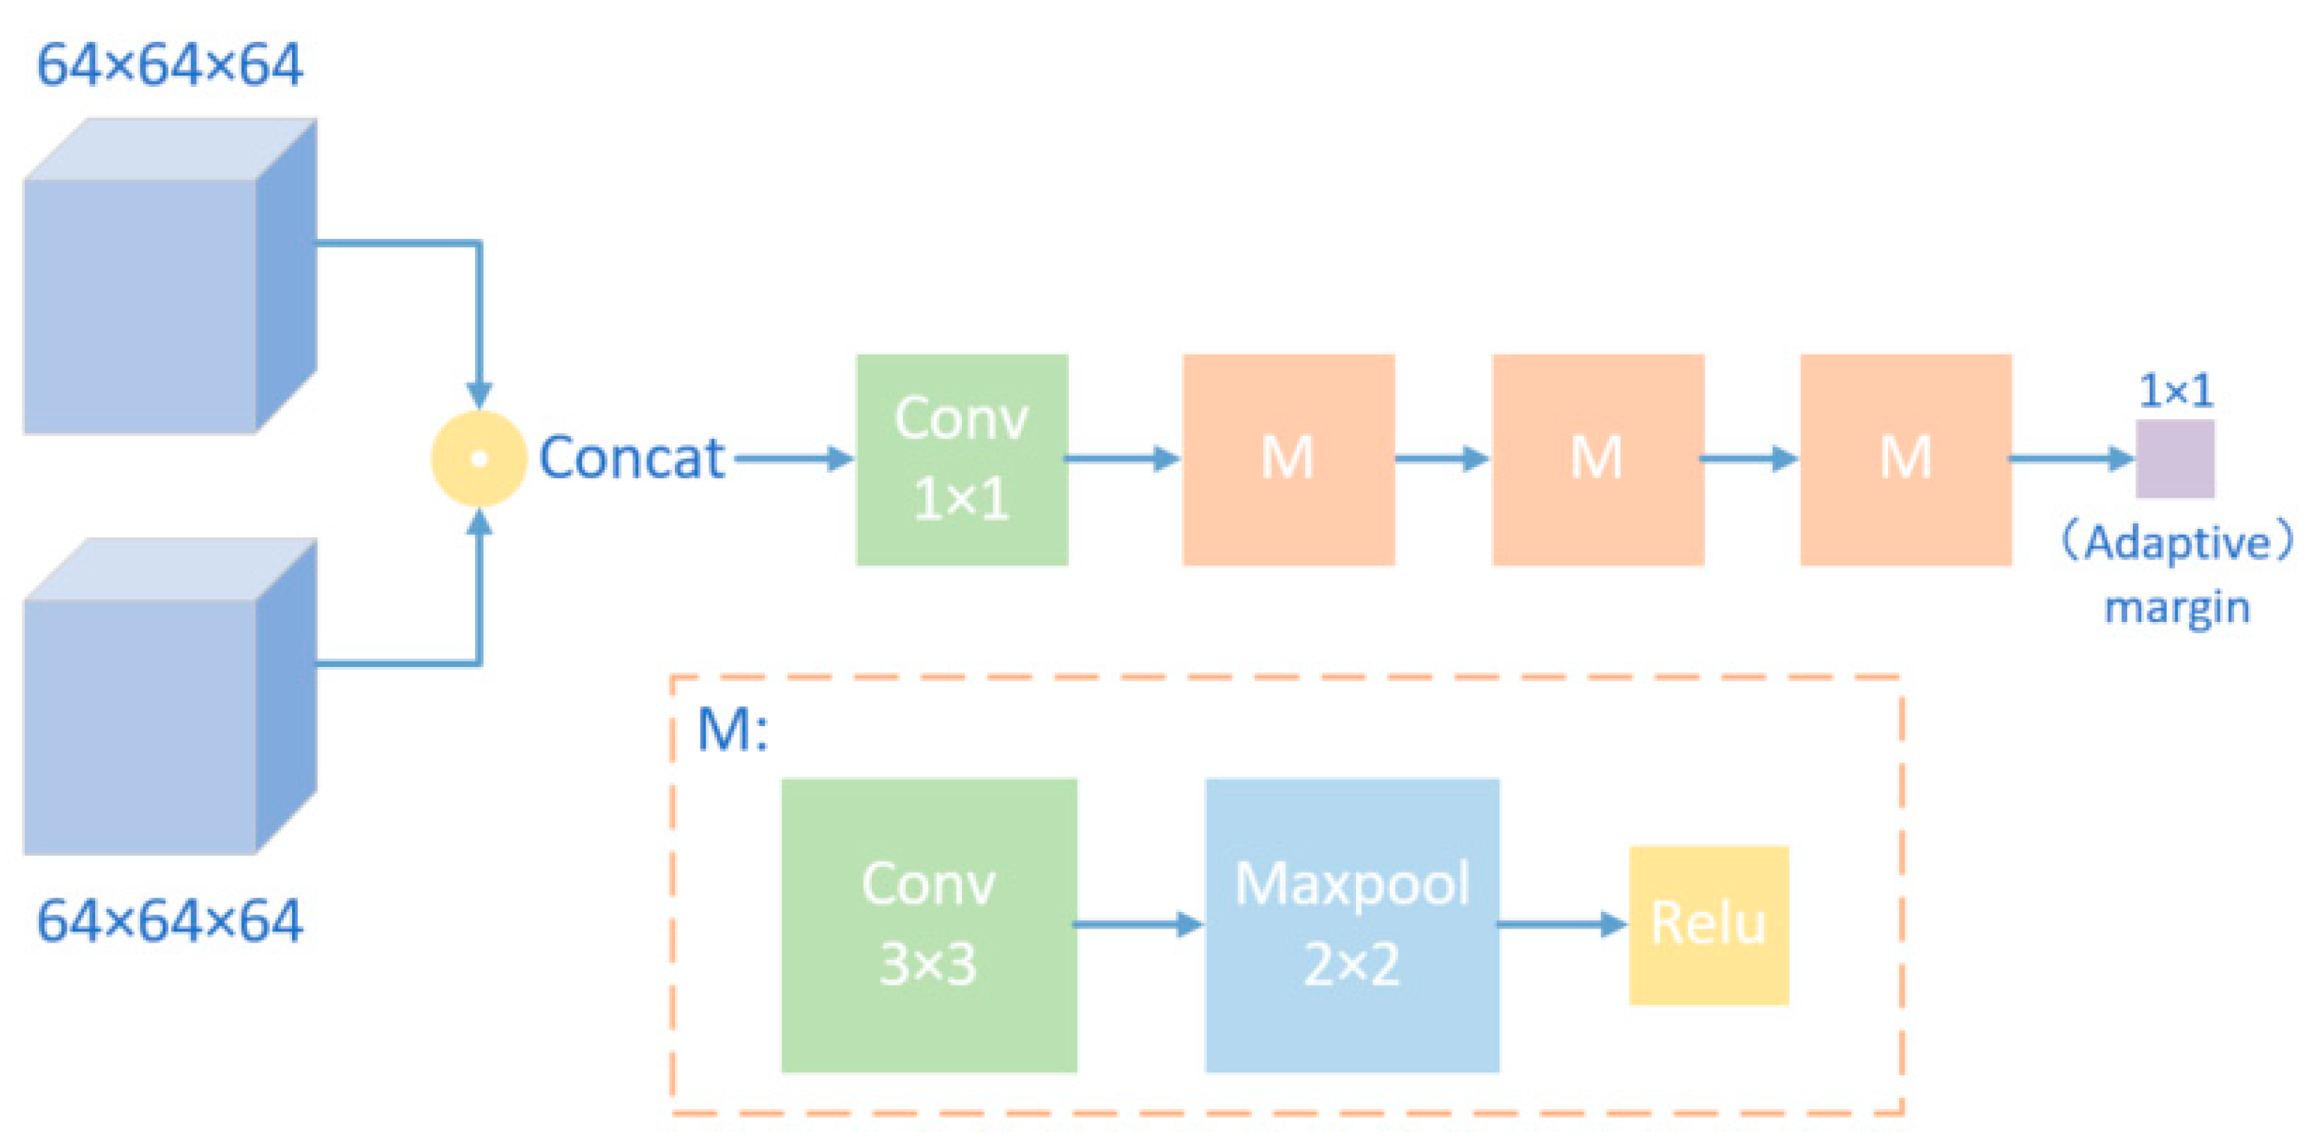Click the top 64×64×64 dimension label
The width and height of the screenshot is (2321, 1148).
click(169, 65)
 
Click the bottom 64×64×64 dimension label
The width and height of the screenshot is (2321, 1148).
click(169, 921)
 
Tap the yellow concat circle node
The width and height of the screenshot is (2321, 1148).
click(479, 459)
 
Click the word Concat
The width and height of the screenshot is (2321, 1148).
click(632, 458)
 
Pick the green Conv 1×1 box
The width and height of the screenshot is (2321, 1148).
click(961, 459)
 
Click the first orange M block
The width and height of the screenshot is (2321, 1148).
click(1288, 459)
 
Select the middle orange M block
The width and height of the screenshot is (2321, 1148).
click(1597, 459)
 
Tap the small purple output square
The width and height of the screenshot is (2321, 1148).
click(2174, 459)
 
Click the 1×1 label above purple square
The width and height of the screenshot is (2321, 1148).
click(2175, 391)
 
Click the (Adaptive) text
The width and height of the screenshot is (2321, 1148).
click(2176, 543)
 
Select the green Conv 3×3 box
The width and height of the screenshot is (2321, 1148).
click(928, 925)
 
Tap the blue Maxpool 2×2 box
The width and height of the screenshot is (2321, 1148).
click(1352, 925)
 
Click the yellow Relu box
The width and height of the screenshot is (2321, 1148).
click(1707, 925)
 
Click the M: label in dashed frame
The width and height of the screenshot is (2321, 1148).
click(732, 729)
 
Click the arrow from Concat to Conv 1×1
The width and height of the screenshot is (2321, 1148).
click(793, 459)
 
